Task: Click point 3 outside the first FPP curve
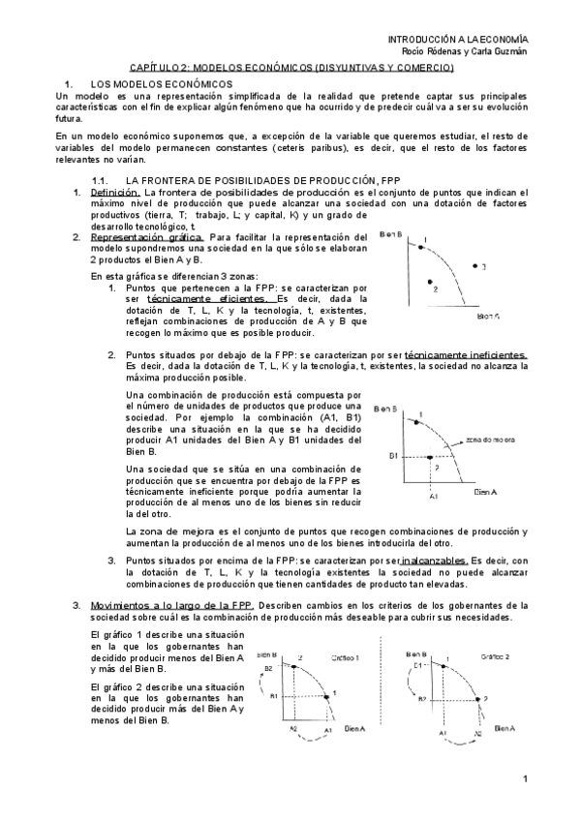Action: click(474, 265)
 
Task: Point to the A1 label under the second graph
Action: click(434, 497)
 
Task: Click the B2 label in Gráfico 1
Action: click(269, 667)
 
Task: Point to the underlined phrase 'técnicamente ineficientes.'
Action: click(466, 355)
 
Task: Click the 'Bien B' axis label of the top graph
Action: click(392, 234)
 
